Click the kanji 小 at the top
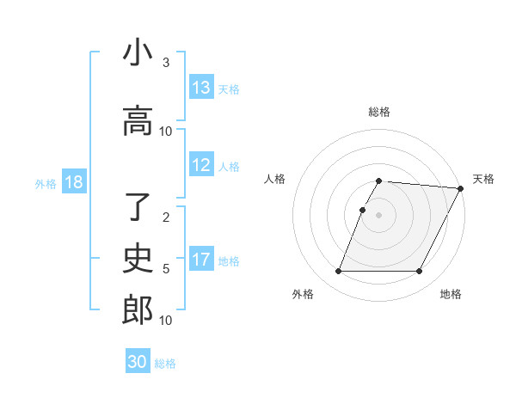click(138, 52)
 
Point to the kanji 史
click(138, 259)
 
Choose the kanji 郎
click(138, 310)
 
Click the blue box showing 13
click(201, 88)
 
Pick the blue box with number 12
click(201, 166)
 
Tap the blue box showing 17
click(201, 260)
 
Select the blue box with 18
click(72, 183)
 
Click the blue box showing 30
click(138, 363)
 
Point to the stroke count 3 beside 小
click(166, 63)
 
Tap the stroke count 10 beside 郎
click(166, 321)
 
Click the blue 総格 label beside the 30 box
click(165, 364)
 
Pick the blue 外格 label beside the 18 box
click(46, 183)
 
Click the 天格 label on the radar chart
click(483, 179)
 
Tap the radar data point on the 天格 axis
click(461, 188)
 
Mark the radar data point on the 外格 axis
click(338, 272)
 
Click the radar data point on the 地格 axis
click(420, 272)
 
